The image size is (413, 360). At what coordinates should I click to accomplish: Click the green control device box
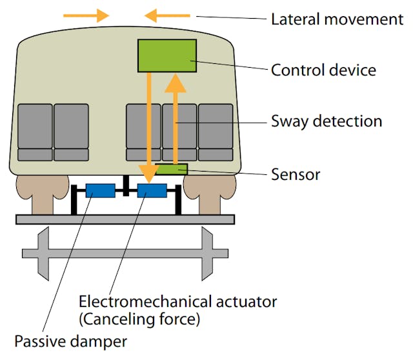click(167, 55)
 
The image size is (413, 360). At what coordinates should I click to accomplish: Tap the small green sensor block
click(172, 169)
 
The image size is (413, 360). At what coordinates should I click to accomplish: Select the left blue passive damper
click(100, 190)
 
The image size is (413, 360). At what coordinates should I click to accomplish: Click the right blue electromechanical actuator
click(152, 190)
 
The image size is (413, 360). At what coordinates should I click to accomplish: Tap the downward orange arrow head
click(148, 173)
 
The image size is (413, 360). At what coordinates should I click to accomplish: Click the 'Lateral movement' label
click(337, 19)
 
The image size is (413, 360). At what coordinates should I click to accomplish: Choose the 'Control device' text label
click(323, 70)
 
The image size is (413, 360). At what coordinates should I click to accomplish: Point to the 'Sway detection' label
click(327, 121)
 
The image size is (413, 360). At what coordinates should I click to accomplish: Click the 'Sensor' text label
click(296, 174)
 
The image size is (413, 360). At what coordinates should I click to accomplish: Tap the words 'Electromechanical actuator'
click(177, 301)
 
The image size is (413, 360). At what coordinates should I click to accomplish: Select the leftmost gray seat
click(35, 132)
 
